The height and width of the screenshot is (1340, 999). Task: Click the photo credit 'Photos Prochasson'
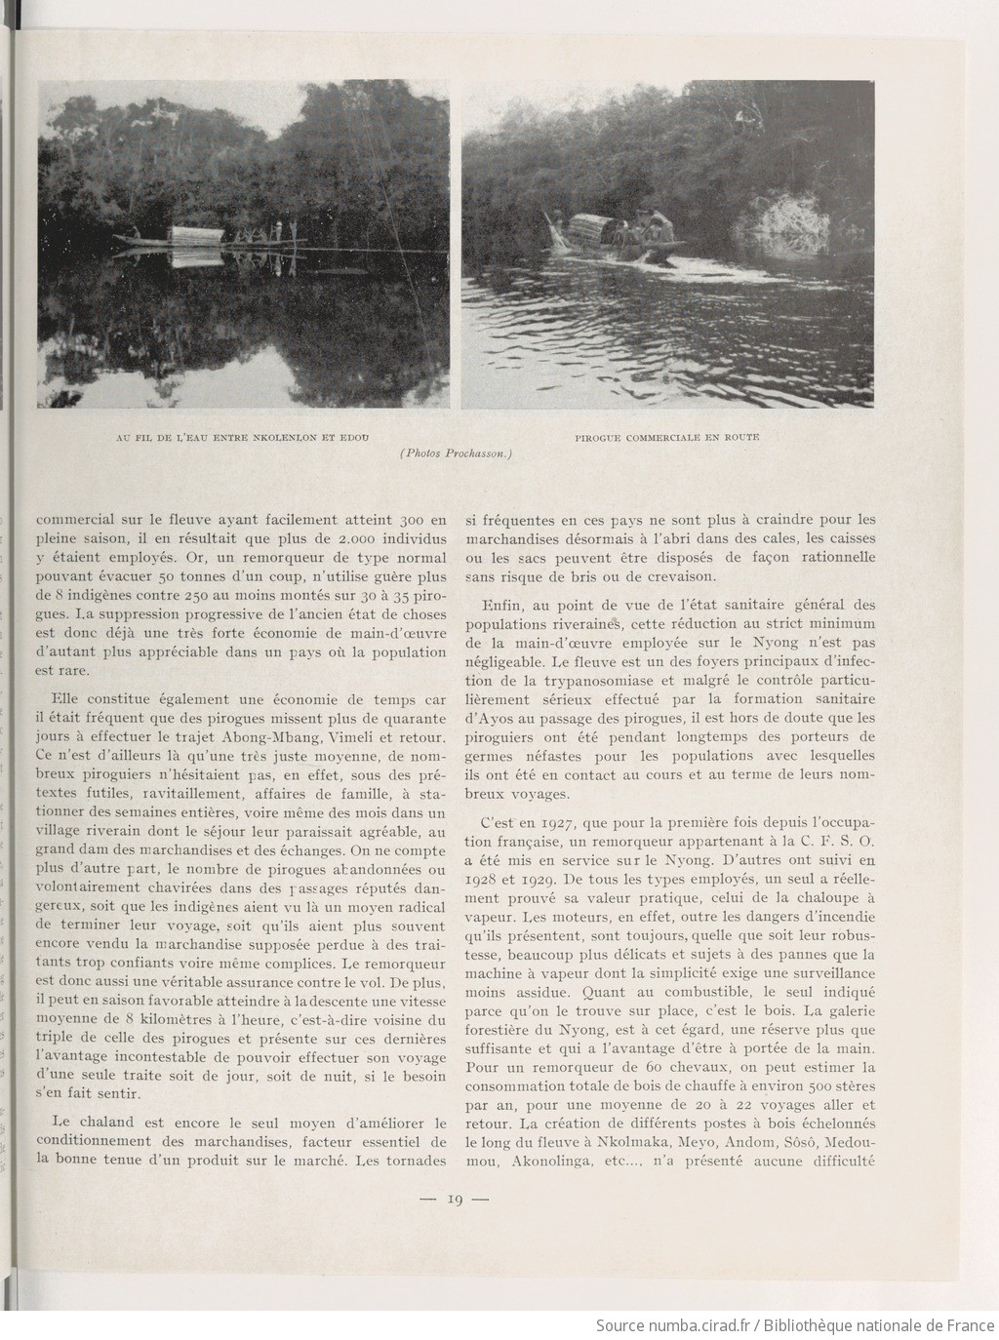[457, 453]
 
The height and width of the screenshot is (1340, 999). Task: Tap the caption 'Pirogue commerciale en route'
[667, 437]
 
